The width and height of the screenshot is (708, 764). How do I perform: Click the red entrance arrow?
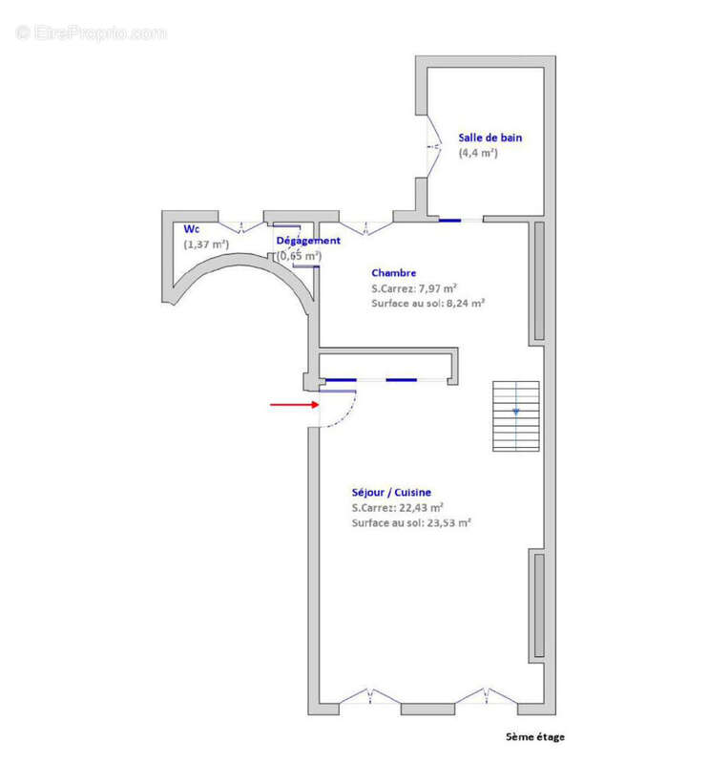click(295, 404)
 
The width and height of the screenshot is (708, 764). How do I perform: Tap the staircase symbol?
click(515, 416)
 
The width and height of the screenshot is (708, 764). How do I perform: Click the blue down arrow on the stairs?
click(515, 413)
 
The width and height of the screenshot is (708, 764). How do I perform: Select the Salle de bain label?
click(489, 138)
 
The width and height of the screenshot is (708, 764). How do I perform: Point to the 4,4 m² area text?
click(478, 153)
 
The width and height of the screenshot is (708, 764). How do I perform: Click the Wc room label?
click(192, 229)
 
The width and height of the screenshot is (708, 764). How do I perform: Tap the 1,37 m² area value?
click(206, 244)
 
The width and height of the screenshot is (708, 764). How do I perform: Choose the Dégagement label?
click(308, 241)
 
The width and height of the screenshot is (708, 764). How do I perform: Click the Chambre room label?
click(393, 273)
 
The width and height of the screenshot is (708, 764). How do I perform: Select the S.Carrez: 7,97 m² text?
click(414, 288)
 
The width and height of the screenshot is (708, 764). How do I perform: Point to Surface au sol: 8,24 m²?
click(427, 303)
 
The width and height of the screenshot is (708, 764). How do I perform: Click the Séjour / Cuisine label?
click(391, 493)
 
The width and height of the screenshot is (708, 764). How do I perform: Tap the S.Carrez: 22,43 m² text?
click(397, 508)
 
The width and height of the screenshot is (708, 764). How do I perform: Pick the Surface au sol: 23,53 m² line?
click(411, 522)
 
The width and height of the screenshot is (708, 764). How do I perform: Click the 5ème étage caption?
click(535, 736)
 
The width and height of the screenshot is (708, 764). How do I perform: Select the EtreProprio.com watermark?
click(91, 32)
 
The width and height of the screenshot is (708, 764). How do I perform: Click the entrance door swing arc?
click(349, 415)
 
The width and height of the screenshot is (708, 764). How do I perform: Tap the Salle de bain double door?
click(434, 146)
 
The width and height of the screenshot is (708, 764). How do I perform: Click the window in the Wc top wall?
click(241, 227)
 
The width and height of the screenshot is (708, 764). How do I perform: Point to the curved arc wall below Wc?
click(239, 260)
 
